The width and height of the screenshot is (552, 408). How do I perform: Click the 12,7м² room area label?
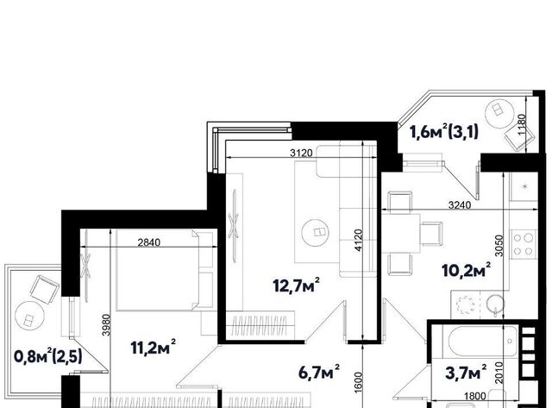tap(297, 285)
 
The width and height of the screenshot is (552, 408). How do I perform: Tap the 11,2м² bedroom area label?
tap(154, 347)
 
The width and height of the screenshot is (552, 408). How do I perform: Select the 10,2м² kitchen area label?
tap(467, 269)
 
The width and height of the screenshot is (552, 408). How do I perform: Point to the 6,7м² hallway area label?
tap(319, 372)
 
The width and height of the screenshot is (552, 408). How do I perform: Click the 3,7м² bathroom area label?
tap(466, 372)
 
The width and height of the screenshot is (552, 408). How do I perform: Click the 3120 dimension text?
tap(301, 153)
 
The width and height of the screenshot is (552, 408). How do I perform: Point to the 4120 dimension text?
tap(359, 240)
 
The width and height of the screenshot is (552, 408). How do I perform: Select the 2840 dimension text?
tap(149, 242)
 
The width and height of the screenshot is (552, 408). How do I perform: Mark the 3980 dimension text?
tap(106, 325)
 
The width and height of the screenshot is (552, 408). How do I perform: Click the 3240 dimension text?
tap(460, 205)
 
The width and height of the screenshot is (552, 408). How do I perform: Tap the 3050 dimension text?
tap(499, 245)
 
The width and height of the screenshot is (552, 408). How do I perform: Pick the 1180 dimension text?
tap(522, 123)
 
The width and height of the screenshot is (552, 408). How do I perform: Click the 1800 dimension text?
tap(475, 396)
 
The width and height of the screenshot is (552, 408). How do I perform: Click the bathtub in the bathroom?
tap(483, 341)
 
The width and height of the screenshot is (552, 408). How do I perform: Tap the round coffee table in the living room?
tap(317, 232)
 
